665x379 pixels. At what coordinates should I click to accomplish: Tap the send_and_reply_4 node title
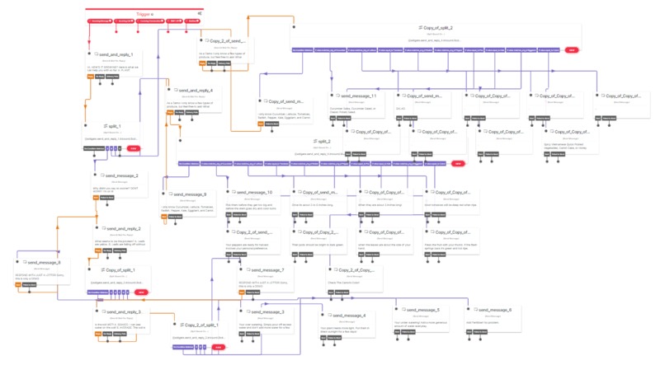tap(196, 90)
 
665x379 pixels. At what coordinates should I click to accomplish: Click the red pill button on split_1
tap(133, 148)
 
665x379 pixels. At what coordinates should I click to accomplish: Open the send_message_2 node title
tap(122, 175)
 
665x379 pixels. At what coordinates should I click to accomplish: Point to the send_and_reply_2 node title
tap(124, 228)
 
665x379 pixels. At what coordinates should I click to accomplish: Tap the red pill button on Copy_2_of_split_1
tap(219, 348)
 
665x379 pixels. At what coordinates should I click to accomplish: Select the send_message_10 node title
tap(255, 192)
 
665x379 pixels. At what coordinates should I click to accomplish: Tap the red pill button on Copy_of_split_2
tap(571, 49)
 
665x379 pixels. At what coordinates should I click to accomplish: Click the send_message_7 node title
tap(266, 269)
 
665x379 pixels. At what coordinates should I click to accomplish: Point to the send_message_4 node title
tap(348, 315)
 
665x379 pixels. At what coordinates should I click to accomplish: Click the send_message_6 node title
tap(495, 309)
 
